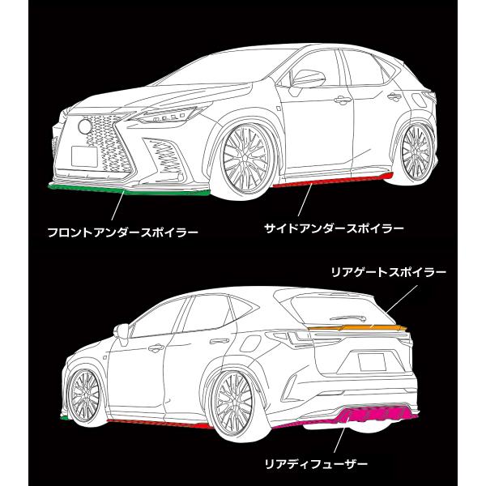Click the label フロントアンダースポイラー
[123, 232]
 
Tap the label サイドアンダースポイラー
[334, 228]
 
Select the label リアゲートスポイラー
[389, 272]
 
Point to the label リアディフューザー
[316, 473]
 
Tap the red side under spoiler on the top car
[333, 181]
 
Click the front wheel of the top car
[245, 159]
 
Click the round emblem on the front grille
[84, 126]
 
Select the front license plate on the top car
[84, 156]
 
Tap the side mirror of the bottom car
[122, 333]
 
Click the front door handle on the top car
[343, 100]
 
